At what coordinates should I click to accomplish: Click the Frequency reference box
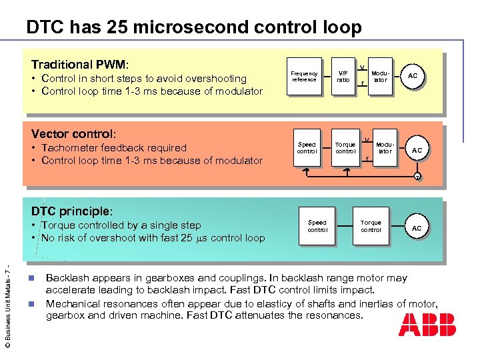(305, 77)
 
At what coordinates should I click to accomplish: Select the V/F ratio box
(343, 77)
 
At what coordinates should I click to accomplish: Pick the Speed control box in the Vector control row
(307, 147)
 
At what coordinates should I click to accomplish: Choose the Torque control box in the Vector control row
(345, 147)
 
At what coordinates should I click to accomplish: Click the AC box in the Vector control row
(417, 150)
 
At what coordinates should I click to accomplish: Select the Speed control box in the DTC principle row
(317, 226)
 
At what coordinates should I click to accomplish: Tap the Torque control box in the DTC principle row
(371, 226)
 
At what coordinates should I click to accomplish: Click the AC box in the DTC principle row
(417, 228)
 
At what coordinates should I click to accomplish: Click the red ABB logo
(427, 325)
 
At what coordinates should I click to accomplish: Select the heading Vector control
(73, 133)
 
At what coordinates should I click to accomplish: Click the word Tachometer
(71, 148)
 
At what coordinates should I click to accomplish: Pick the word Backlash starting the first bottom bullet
(66, 278)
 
